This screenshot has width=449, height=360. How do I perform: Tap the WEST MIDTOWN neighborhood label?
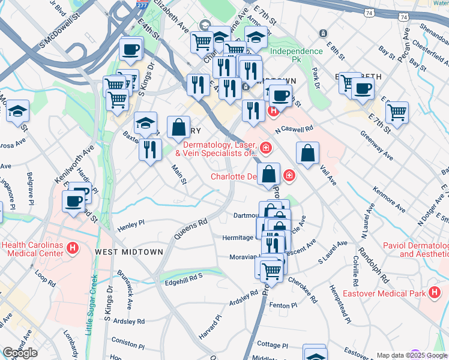coord(128,252)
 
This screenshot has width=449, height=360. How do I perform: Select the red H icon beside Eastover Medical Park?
coord(434,293)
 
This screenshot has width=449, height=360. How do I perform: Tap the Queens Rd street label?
coord(191,229)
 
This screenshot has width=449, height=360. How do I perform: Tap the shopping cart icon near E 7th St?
coord(397,111)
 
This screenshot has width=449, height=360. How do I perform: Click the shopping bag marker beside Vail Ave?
coord(307,152)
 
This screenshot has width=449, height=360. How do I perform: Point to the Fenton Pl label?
coord(283,305)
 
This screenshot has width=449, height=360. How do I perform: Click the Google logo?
coord(20,353)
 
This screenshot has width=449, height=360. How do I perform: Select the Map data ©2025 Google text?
coord(411,355)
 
